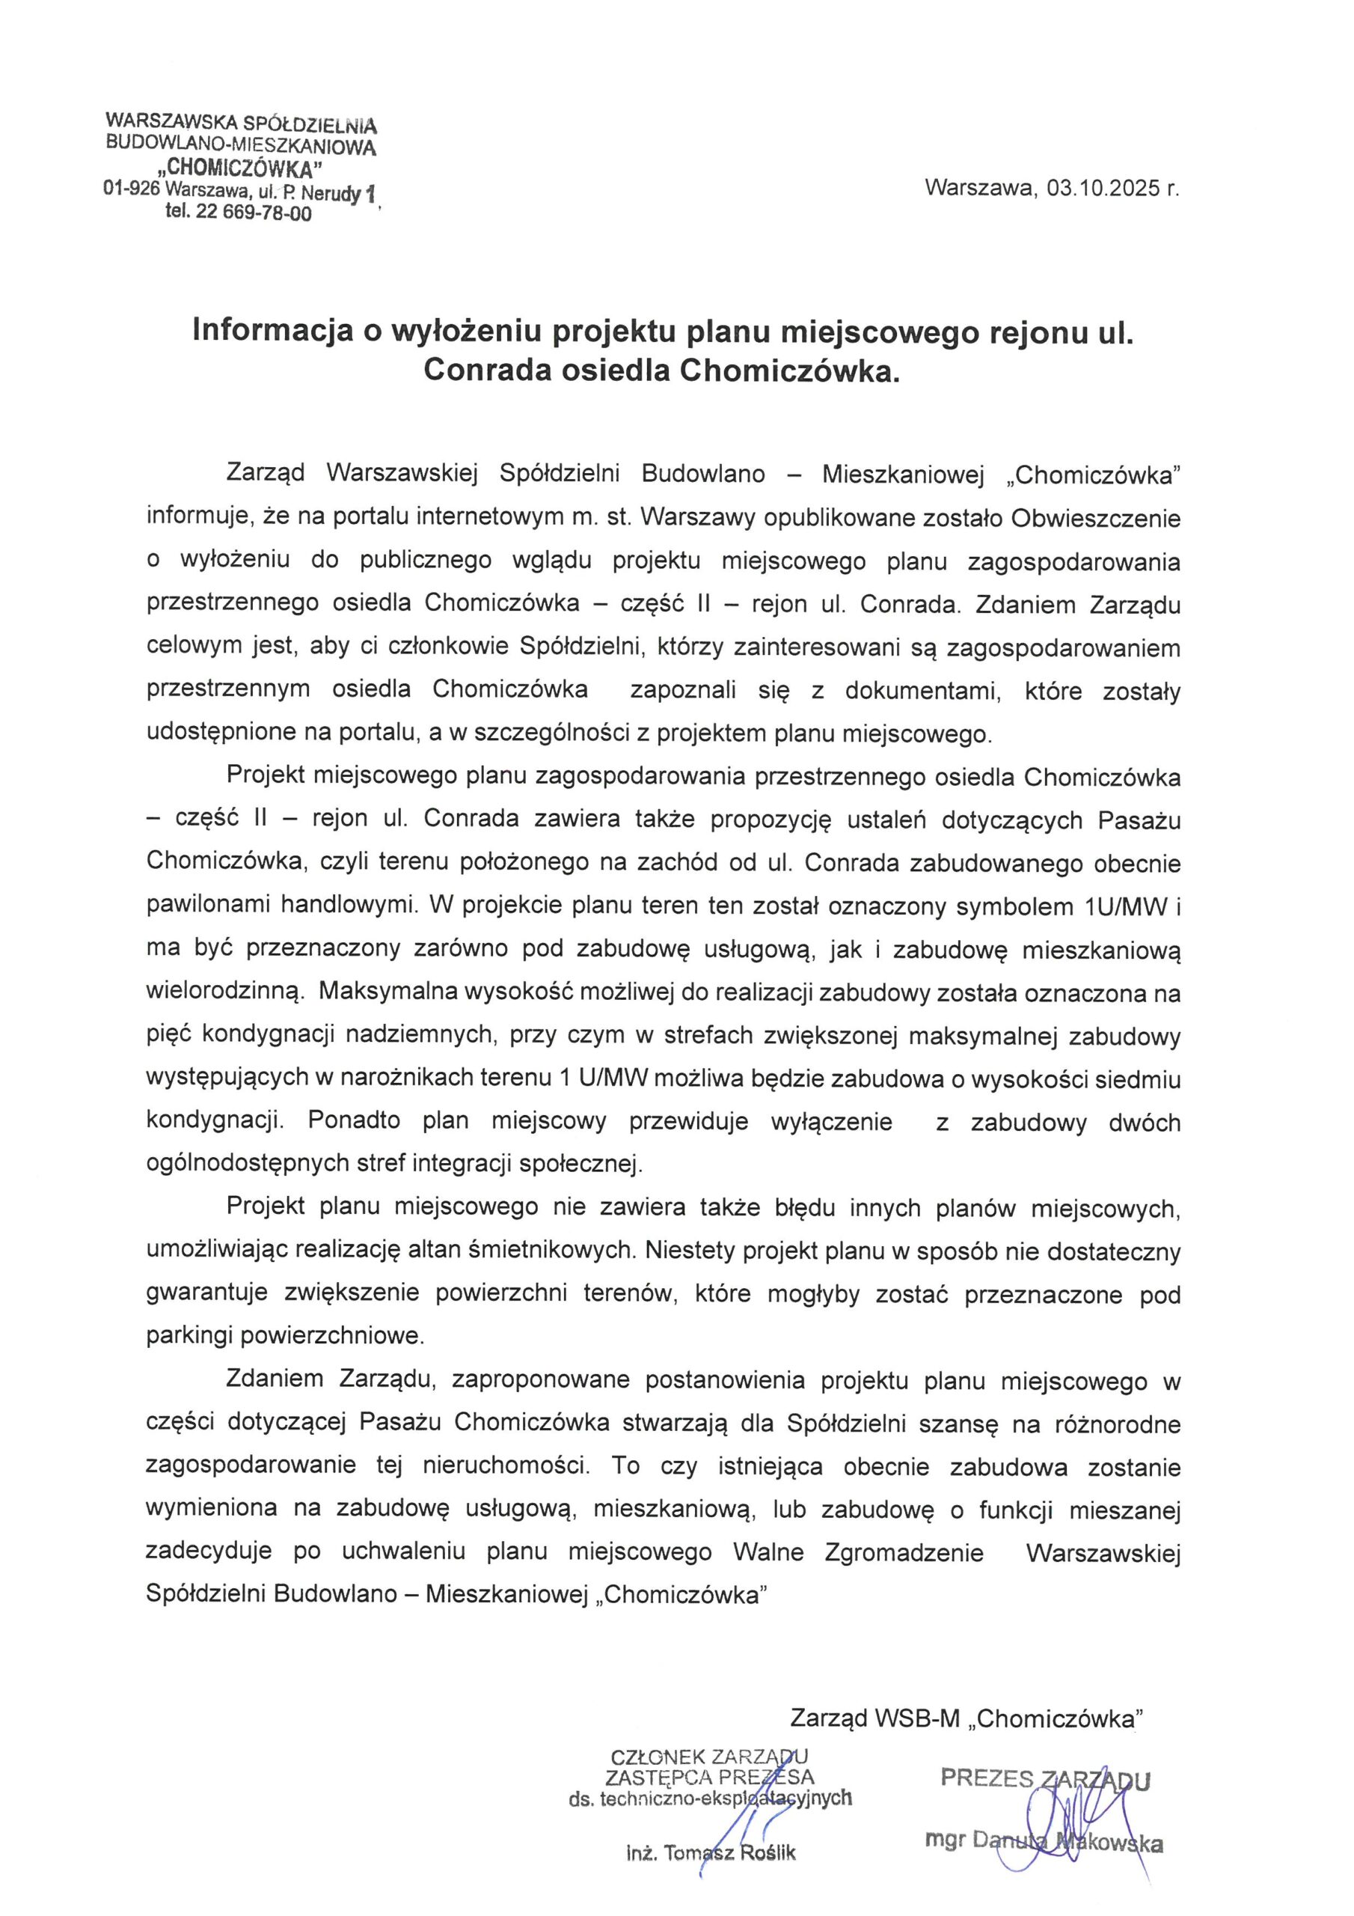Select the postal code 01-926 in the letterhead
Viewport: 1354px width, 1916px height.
(x=131, y=189)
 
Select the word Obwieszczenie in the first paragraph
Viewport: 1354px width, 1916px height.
(x=1095, y=518)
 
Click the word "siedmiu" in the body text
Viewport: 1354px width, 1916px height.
(x=1139, y=1080)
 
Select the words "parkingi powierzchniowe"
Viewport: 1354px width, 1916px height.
(x=285, y=1336)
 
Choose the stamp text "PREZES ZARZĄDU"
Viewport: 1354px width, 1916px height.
(x=1045, y=1779)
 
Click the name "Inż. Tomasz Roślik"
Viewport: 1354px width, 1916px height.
(x=711, y=1854)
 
